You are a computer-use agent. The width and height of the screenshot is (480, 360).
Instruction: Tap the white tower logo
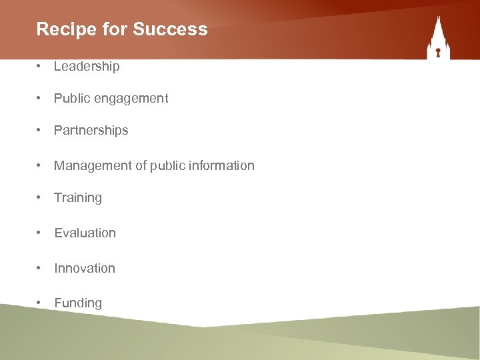[438, 39]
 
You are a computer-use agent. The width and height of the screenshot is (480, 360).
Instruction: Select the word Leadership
[87, 66]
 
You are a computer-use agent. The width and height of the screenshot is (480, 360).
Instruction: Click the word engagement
[131, 99]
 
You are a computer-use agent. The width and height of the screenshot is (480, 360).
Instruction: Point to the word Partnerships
[91, 131]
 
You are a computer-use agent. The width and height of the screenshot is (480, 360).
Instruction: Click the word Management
[93, 165]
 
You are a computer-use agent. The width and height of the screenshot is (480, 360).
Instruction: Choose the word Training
[78, 198]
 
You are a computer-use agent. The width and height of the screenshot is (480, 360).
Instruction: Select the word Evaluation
[85, 233]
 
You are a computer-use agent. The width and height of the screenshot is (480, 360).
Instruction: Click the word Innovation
[85, 268]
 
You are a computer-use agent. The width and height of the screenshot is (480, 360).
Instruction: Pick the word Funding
[78, 303]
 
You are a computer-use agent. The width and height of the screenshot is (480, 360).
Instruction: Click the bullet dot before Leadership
[41, 66]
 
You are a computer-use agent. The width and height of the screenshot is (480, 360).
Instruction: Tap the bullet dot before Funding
[41, 303]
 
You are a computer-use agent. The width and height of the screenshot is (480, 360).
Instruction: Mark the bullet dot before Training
[41, 198]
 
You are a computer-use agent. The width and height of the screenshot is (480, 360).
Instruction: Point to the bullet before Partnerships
[41, 131]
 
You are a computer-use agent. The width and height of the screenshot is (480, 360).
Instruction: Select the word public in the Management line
[165, 165]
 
